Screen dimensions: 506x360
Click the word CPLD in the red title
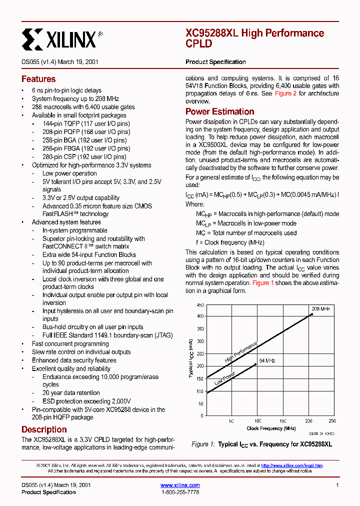tap(198, 44)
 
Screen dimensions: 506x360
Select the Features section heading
tap(38, 79)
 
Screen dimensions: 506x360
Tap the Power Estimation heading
tap(219, 111)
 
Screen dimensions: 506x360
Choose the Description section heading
tap(44, 429)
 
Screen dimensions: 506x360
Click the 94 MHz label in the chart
tap(267, 360)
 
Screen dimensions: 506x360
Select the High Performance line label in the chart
tap(241, 352)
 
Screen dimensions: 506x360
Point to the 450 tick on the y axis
tap(200, 305)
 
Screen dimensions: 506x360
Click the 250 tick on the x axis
tap(332, 421)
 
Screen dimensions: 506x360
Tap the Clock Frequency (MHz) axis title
tap(271, 428)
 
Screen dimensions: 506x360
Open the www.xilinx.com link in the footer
tap(180, 485)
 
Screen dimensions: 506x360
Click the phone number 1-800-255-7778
tap(180, 492)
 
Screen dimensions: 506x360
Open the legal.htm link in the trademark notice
tap(292, 465)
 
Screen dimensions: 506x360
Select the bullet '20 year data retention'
tap(71, 393)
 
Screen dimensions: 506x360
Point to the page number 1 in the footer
tap(337, 485)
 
